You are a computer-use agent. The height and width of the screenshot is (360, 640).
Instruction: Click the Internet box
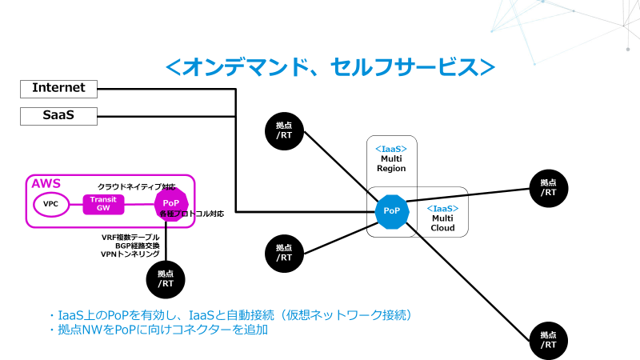click(x=58, y=88)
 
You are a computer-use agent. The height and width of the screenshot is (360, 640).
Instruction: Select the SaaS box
click(x=58, y=116)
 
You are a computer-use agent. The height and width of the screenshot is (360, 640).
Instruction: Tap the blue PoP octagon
click(x=392, y=210)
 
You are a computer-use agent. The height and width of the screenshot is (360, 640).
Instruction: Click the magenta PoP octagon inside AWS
click(x=170, y=204)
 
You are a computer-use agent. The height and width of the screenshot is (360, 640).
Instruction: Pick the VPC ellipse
click(x=51, y=204)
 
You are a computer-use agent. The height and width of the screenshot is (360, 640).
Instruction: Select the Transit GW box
click(x=104, y=204)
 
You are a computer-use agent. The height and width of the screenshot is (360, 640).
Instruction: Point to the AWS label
click(x=46, y=184)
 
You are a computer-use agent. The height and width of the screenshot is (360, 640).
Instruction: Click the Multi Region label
click(x=392, y=163)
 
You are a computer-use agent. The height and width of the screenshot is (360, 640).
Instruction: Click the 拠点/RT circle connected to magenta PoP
click(x=166, y=278)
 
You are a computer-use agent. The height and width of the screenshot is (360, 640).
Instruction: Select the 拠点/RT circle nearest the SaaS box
click(x=284, y=130)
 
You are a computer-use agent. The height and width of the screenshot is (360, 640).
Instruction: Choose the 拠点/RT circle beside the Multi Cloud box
click(x=548, y=187)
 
